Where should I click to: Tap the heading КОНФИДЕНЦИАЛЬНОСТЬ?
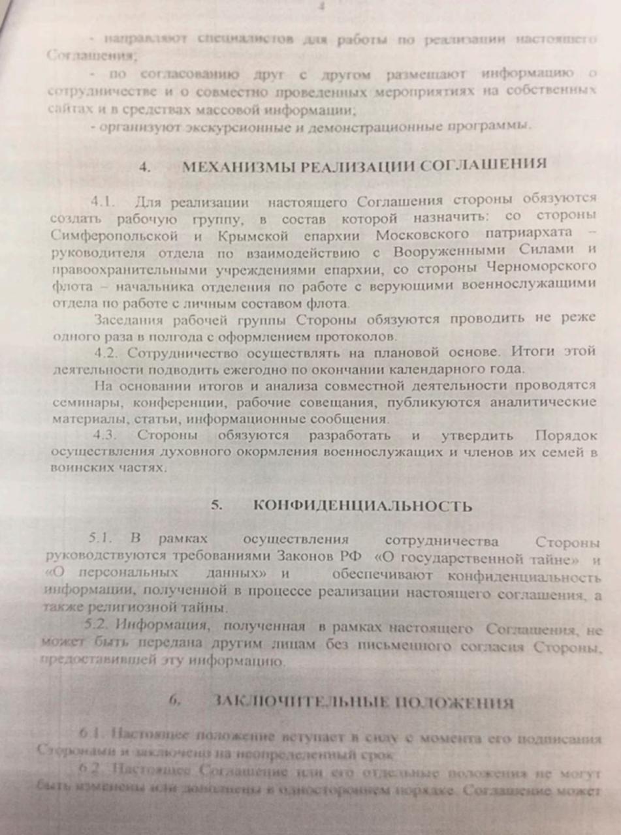[362, 506]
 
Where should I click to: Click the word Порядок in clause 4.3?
[565, 434]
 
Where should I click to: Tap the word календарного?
[432, 369]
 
